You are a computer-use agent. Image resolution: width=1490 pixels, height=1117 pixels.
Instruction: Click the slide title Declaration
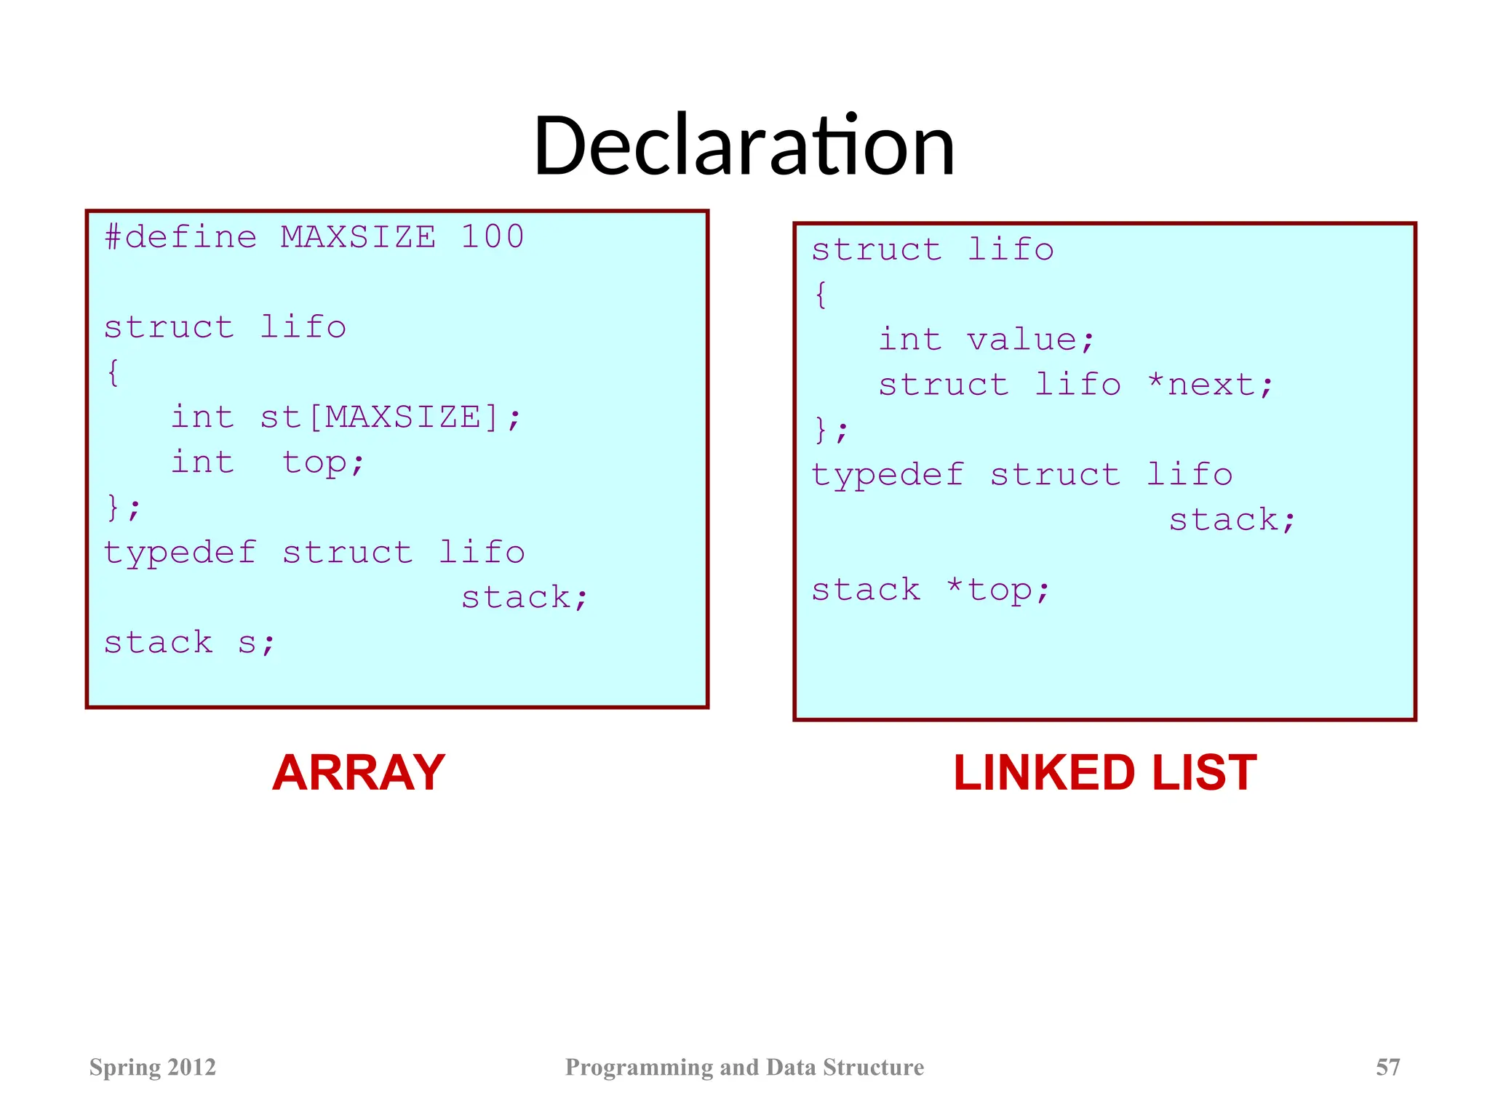(744, 145)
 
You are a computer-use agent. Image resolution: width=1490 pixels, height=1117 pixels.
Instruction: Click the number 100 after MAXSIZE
(492, 237)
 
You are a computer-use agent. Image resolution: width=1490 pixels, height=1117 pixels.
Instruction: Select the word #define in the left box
(180, 237)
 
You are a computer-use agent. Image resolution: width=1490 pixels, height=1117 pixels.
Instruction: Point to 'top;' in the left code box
(323, 463)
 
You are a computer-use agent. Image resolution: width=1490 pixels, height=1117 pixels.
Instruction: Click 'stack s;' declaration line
(189, 643)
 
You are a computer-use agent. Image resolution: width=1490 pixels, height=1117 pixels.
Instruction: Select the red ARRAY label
(358, 772)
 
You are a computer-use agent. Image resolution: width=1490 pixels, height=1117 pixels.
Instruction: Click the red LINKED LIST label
(1104, 772)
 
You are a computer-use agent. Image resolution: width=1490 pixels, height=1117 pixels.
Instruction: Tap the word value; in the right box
(1030, 340)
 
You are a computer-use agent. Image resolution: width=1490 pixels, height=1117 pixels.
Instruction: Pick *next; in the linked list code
(1210, 385)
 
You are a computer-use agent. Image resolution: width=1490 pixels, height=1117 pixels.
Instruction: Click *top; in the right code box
(997, 590)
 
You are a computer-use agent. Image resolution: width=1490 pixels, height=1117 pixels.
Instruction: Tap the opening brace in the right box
(821, 295)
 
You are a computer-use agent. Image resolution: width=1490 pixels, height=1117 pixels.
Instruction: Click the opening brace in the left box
(113, 373)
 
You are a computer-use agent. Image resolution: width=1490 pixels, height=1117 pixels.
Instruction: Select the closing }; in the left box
(122, 507)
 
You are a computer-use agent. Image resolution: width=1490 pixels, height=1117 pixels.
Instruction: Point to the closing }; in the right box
(830, 429)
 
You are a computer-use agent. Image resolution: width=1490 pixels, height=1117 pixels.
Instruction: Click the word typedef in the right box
(888, 475)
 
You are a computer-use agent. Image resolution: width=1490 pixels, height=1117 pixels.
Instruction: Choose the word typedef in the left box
(180, 553)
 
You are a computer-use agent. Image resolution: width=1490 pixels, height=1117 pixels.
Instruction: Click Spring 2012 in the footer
(153, 1067)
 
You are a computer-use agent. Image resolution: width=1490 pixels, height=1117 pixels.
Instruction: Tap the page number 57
(1387, 1067)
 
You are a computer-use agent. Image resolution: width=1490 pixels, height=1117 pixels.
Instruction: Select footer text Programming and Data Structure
(744, 1067)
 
